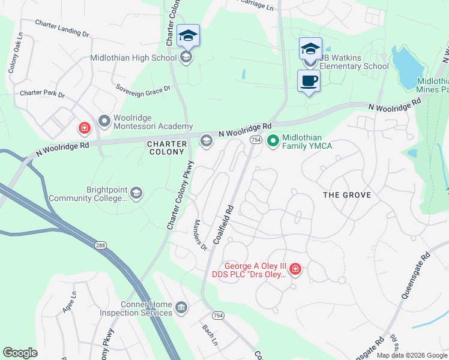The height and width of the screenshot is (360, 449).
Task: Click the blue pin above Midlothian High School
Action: click(x=188, y=36)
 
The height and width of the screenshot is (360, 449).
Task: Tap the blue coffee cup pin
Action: click(x=309, y=81)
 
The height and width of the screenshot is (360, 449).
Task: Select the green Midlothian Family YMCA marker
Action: click(x=273, y=141)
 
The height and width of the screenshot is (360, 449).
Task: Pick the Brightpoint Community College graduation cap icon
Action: click(x=136, y=193)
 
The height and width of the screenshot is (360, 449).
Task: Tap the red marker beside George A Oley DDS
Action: click(x=295, y=269)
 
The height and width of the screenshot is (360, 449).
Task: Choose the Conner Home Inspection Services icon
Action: click(x=181, y=308)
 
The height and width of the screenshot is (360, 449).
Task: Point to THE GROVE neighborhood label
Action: click(x=347, y=195)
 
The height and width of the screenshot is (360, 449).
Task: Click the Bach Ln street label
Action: click(x=209, y=335)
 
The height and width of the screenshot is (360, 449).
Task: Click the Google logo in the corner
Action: click(x=20, y=353)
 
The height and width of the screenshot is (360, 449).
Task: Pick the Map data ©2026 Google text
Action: click(x=411, y=355)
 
